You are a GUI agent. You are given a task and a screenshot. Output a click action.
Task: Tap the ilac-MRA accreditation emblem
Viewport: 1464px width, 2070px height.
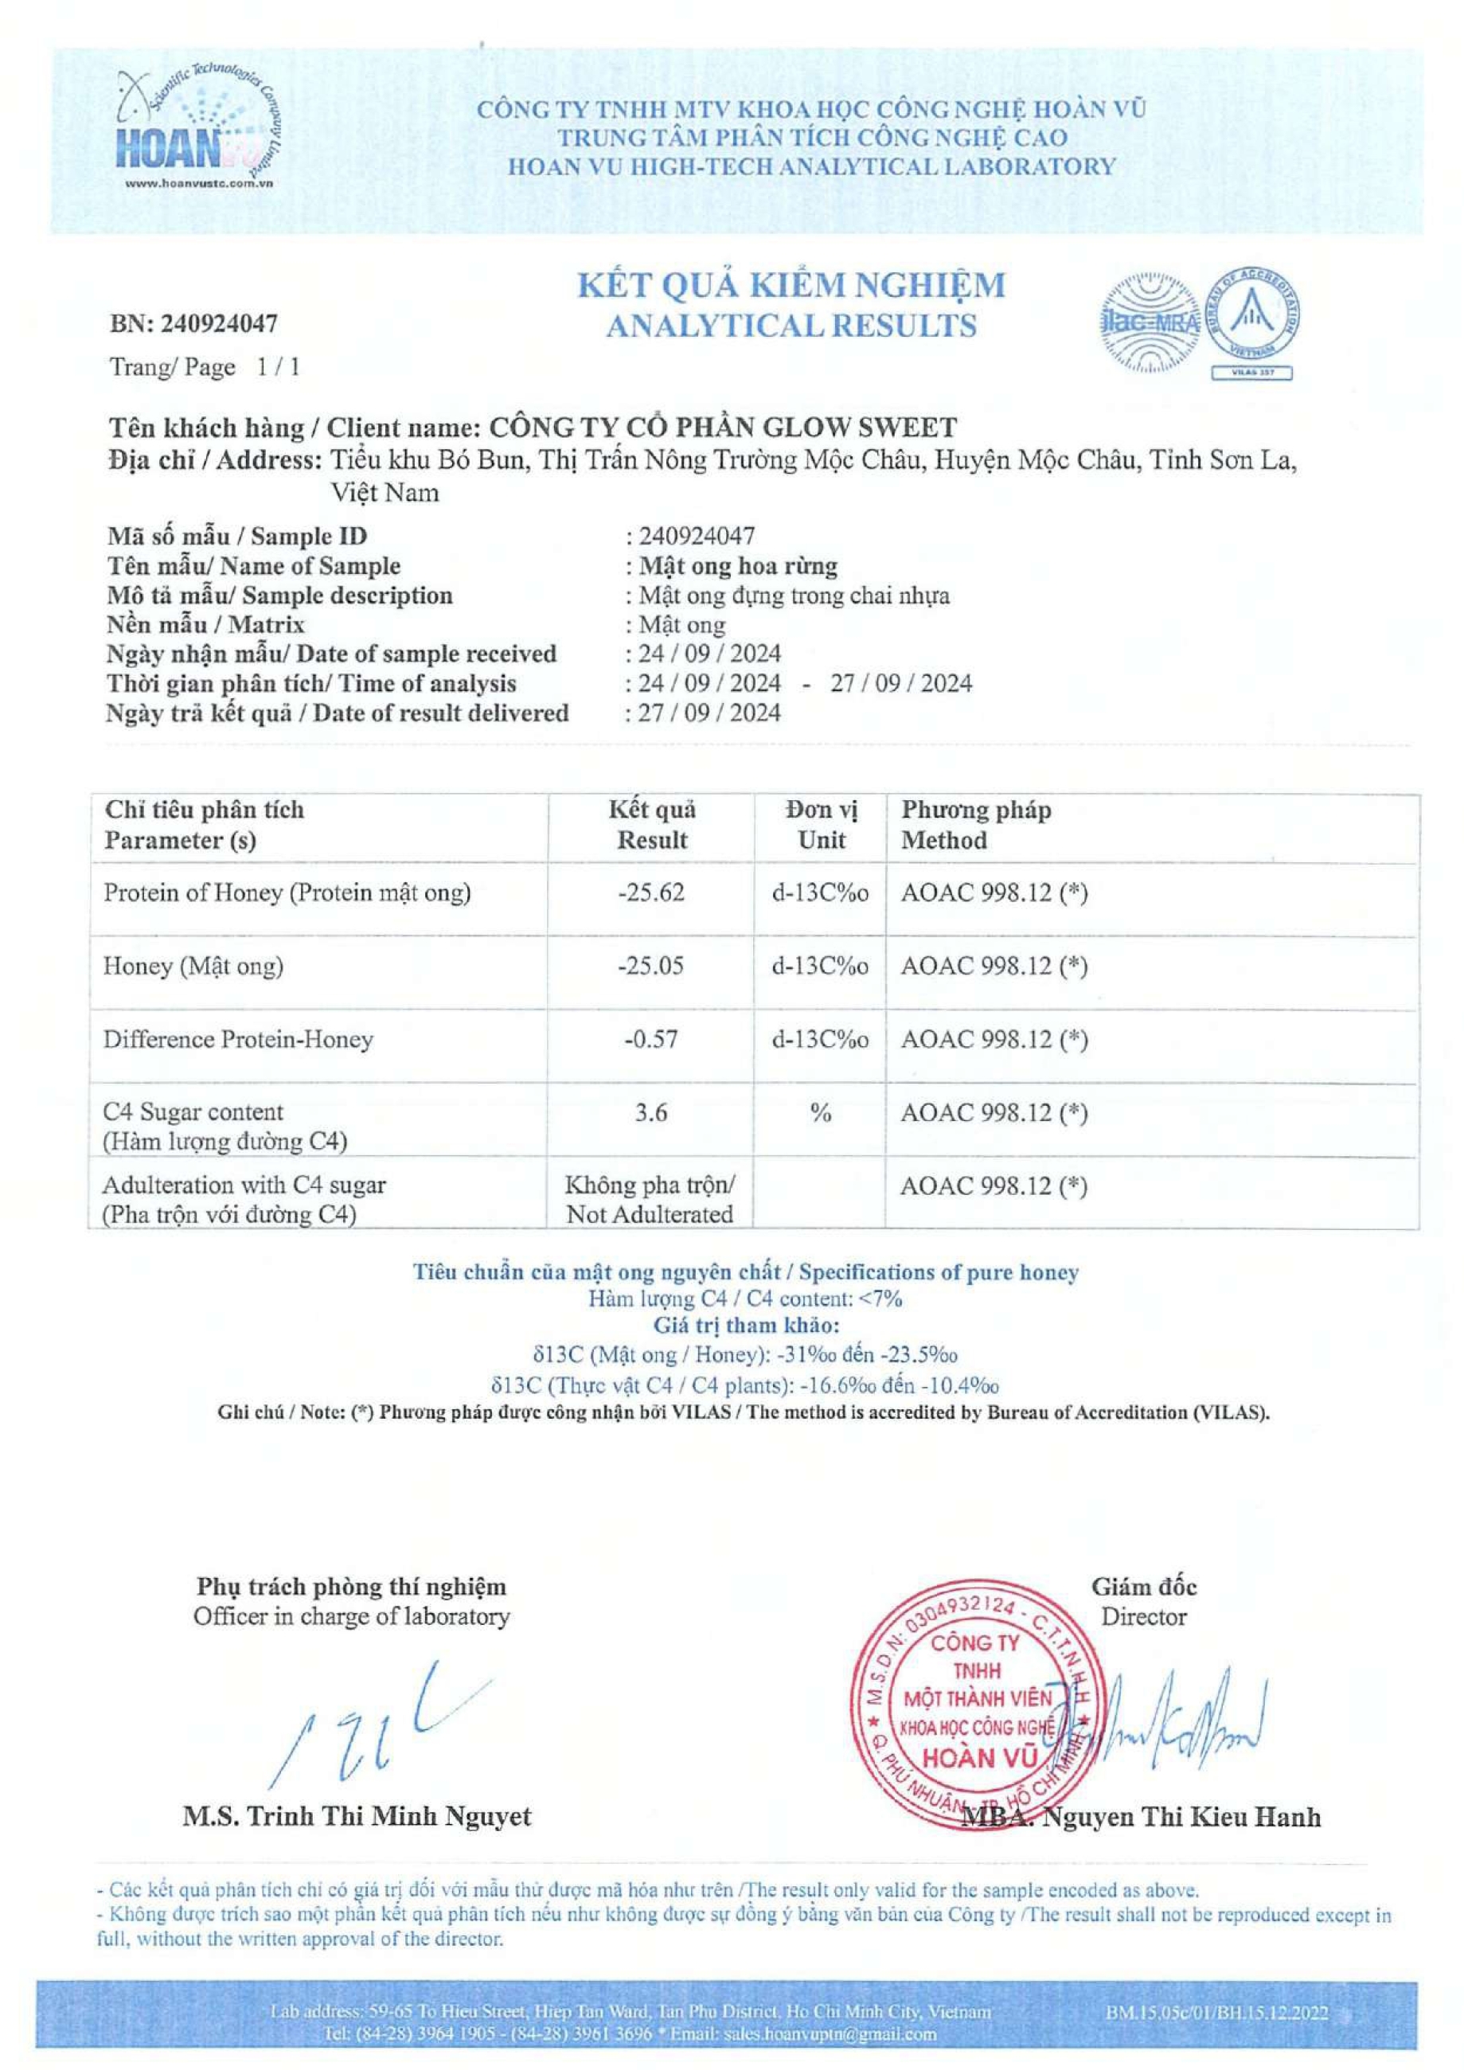coord(1149,322)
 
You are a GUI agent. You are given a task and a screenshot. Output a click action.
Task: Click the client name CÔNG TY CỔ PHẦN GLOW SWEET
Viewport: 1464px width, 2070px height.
coord(722,427)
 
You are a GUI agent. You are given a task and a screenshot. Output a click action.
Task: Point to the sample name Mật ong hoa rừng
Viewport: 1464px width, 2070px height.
coord(737,566)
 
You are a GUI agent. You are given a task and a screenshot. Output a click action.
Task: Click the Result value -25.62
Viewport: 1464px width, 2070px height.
coord(651,892)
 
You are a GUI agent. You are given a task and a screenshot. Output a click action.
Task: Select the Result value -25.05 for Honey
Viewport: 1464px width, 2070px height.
coord(651,966)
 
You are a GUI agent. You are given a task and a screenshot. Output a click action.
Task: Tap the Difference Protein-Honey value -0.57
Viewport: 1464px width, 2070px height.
coord(651,1039)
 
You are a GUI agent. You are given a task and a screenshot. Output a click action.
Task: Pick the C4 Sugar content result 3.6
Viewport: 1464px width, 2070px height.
coord(651,1112)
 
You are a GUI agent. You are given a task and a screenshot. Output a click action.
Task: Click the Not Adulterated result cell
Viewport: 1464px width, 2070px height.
coord(650,1199)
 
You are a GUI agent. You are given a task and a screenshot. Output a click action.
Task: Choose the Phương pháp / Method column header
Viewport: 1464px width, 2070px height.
coord(976,825)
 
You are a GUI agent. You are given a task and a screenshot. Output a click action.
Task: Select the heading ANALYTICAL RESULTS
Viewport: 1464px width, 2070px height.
coord(791,326)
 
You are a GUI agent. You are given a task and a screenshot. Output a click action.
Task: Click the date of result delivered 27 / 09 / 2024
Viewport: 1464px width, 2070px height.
coord(704,713)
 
